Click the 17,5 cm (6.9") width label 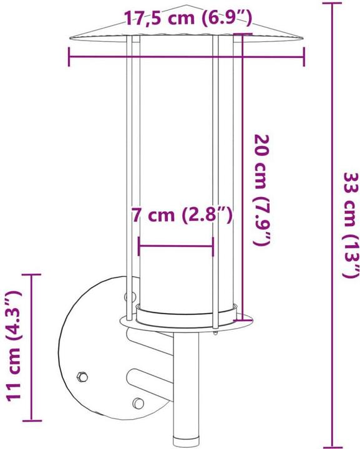[x=185, y=17]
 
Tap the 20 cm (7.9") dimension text [x=262, y=190]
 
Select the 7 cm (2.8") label [x=182, y=216]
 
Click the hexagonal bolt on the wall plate [x=81, y=377]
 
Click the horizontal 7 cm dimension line [x=176, y=244]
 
